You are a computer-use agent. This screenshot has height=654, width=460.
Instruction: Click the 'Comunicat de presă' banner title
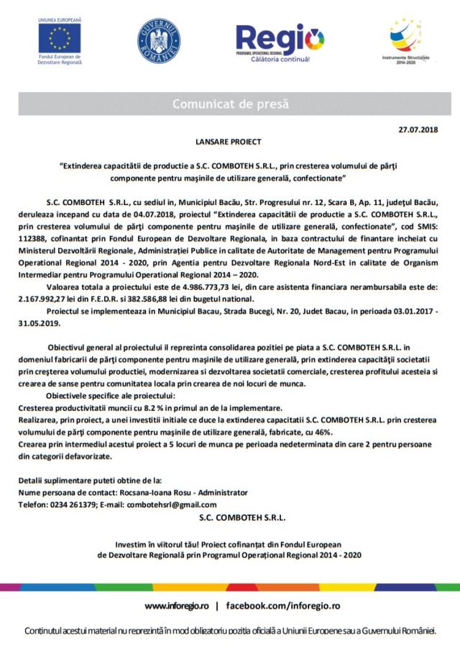(230, 104)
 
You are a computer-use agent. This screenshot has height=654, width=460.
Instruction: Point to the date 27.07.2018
(417, 129)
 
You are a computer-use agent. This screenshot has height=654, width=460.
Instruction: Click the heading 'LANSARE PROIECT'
(229, 142)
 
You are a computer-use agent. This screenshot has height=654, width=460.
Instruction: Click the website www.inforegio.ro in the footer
(177, 606)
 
